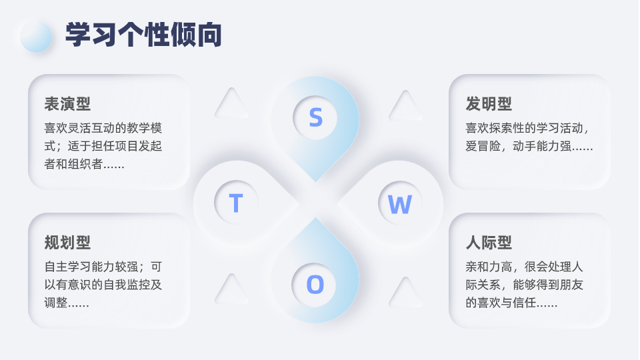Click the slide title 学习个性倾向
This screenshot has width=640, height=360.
[143, 35]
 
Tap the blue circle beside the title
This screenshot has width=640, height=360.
[36, 36]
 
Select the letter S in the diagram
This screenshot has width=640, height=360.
[315, 117]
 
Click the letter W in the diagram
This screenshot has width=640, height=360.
[399, 204]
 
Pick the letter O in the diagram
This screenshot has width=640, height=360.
[315, 285]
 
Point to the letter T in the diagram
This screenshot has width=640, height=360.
[235, 203]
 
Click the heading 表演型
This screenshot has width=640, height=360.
[67, 104]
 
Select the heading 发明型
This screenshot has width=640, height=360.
[489, 104]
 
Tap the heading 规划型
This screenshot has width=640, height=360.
[67, 243]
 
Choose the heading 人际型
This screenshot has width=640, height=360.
[489, 243]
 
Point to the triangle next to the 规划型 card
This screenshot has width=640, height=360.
[231, 290]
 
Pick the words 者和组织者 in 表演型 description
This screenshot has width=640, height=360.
[73, 164]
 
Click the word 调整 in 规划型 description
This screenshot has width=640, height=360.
[56, 302]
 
